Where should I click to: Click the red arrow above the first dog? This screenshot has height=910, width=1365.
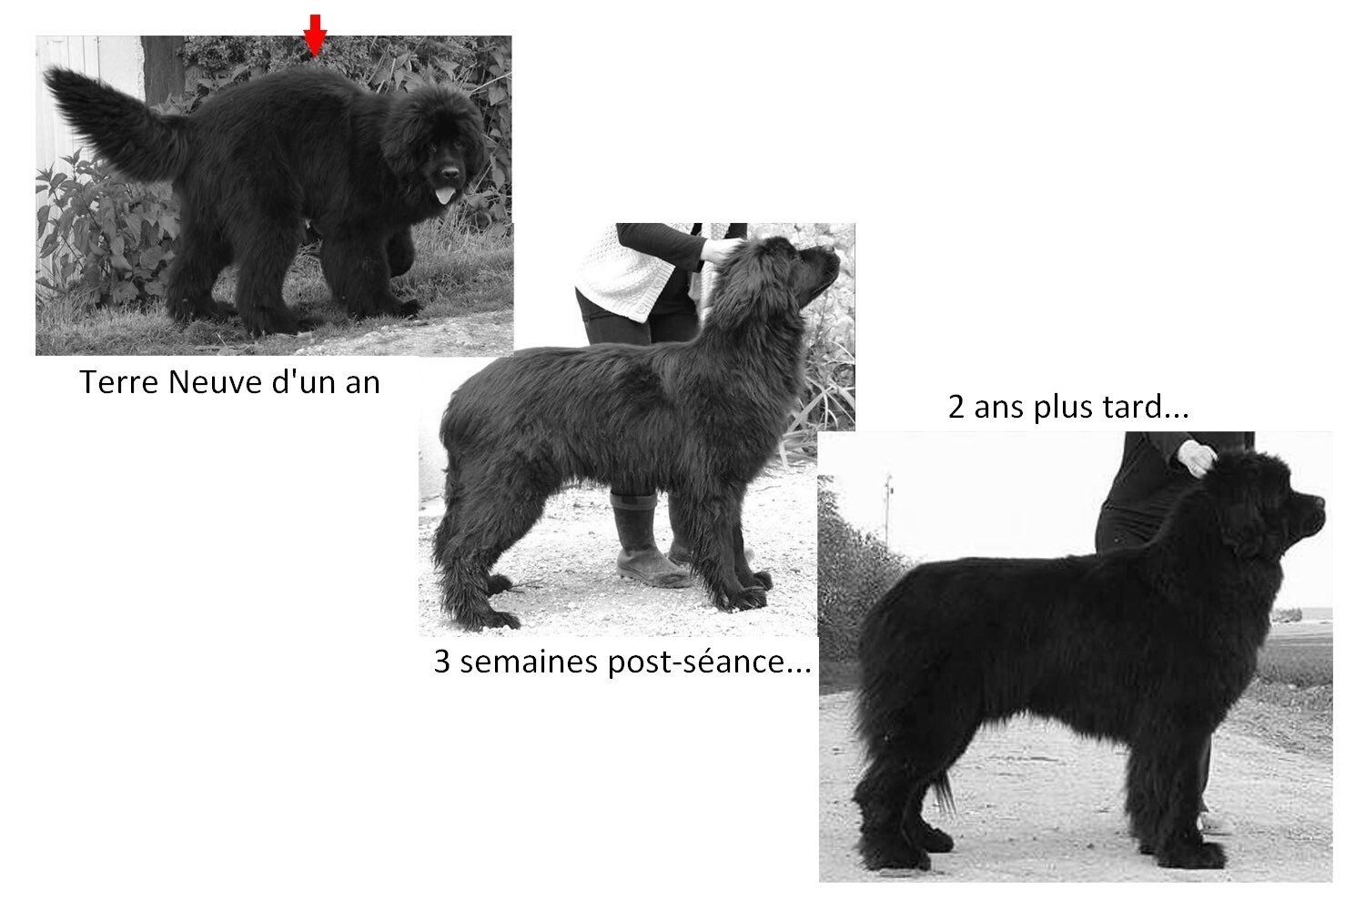click(x=315, y=35)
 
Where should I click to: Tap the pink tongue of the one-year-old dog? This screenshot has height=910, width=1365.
click(x=445, y=196)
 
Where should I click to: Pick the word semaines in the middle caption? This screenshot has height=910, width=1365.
click(x=530, y=662)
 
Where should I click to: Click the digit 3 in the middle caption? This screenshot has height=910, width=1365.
click(x=441, y=662)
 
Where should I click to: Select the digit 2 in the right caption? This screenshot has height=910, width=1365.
click(x=956, y=407)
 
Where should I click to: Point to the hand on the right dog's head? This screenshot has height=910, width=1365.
click(x=1197, y=457)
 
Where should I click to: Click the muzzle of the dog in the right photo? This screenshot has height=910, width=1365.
click(x=1306, y=515)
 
